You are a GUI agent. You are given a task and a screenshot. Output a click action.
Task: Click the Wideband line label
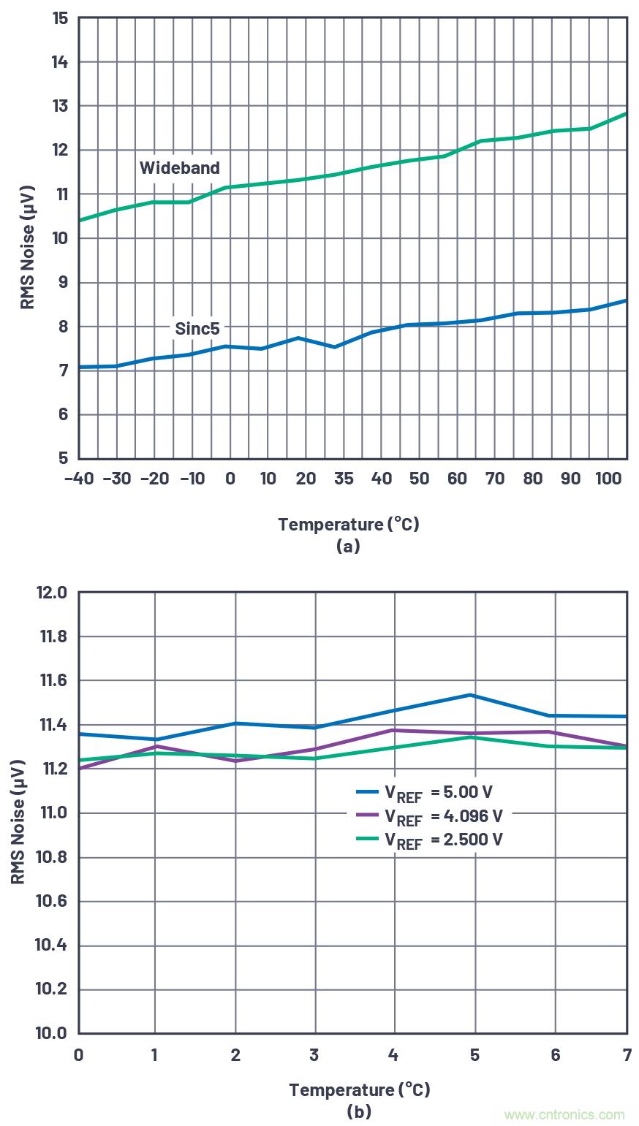point(179,168)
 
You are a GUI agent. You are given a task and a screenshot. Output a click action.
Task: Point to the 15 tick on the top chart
point(60,18)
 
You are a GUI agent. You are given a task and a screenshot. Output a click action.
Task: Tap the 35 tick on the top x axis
point(344,479)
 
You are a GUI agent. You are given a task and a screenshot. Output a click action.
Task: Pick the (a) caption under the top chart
point(348,546)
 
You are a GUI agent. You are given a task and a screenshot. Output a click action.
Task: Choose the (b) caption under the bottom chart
point(359,1111)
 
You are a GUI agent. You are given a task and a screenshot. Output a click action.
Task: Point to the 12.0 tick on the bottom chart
point(51,593)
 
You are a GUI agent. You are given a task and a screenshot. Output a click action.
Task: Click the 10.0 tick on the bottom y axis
point(51,1033)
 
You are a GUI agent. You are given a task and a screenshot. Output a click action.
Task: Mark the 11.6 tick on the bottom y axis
point(51,681)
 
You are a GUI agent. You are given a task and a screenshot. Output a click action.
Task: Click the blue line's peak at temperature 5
point(474,695)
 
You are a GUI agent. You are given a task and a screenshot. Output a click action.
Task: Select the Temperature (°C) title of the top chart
point(348,524)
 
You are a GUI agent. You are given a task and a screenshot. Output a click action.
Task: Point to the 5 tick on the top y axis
point(63,459)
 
